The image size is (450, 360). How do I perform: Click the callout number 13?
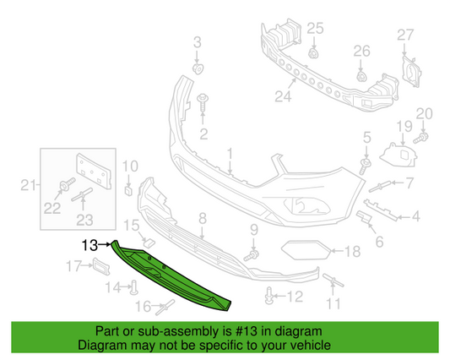coord(90,246)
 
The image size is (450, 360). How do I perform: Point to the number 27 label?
coord(405,35)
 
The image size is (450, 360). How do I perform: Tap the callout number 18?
coord(353,251)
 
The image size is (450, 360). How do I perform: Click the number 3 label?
coord(198,42)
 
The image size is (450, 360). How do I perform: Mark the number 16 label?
coord(144,305)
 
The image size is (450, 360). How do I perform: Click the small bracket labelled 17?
coord(100,267)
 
